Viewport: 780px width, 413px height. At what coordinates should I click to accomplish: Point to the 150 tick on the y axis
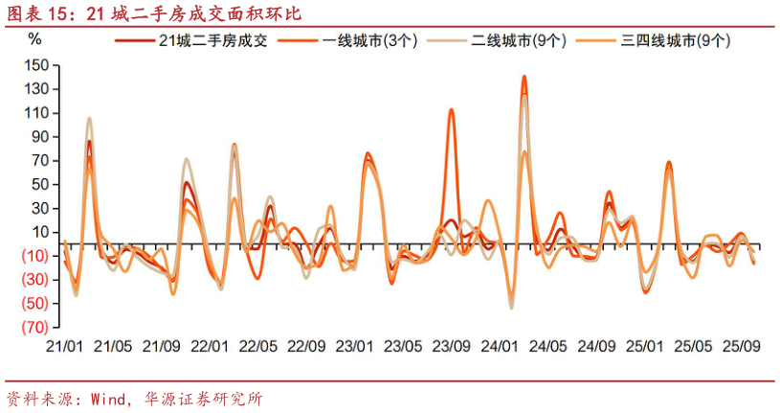[37, 65]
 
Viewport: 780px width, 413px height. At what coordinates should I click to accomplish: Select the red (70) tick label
[35, 327]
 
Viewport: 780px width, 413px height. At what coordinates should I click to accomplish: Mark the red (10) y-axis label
[35, 255]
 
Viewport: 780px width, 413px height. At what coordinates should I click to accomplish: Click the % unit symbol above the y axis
[35, 39]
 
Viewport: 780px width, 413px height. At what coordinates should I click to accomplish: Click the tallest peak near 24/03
[524, 77]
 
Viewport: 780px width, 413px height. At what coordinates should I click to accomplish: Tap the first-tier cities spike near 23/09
[451, 109]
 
